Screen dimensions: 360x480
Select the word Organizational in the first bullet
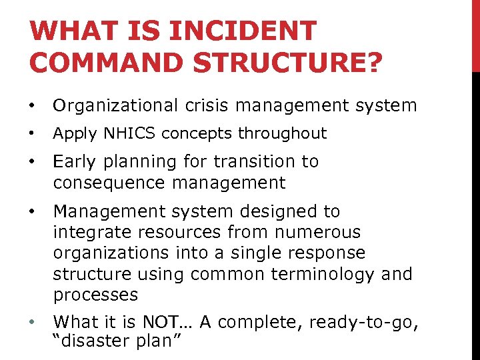click(115, 105)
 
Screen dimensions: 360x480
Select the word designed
click(263, 211)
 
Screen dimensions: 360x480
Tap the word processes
click(95, 294)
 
